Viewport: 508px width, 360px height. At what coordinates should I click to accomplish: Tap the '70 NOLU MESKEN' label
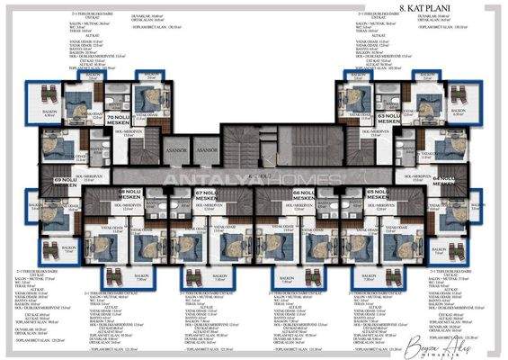[x=119, y=121]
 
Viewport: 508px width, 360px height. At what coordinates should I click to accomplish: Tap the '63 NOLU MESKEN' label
[x=388, y=121]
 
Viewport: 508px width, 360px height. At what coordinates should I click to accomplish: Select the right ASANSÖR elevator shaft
[x=208, y=150]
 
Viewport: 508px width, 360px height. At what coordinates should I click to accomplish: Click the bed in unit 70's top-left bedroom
[x=79, y=100]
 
